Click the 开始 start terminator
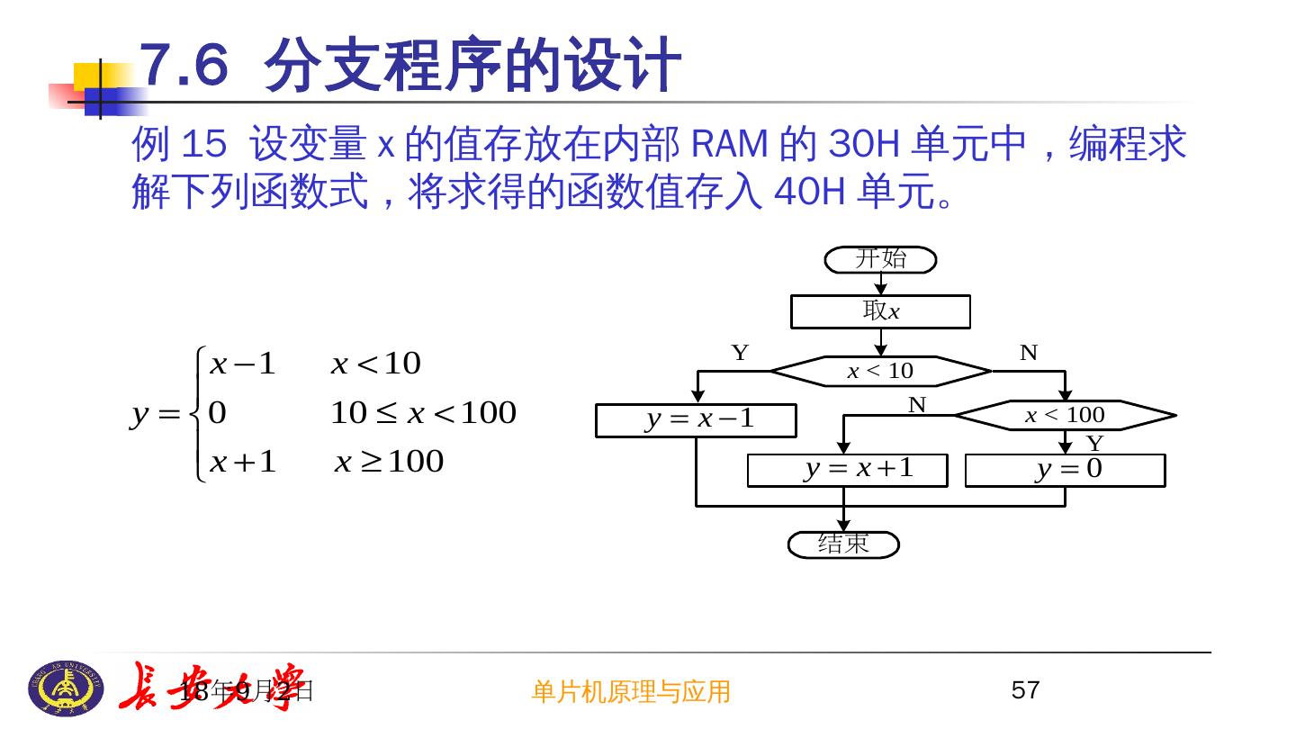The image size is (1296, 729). (x=880, y=260)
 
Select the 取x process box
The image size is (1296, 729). (x=880, y=311)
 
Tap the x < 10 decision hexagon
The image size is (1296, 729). (x=880, y=371)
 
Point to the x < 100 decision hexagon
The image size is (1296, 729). (x=1065, y=415)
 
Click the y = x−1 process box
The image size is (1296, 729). (x=696, y=420)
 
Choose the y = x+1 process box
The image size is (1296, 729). (x=847, y=470)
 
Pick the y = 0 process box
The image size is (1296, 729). (x=1065, y=470)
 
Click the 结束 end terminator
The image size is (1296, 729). (x=843, y=544)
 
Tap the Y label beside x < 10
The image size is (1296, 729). (x=740, y=353)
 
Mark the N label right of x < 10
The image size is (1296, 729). (x=1029, y=353)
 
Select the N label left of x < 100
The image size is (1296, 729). (x=916, y=405)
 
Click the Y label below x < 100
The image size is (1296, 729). (x=1094, y=444)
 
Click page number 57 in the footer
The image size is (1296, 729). (x=1025, y=690)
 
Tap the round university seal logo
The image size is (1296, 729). (x=66, y=688)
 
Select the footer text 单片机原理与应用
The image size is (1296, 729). (x=631, y=691)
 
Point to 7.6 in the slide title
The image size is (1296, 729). (x=184, y=65)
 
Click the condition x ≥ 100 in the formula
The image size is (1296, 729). (x=389, y=462)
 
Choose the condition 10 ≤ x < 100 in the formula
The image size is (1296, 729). (x=423, y=413)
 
